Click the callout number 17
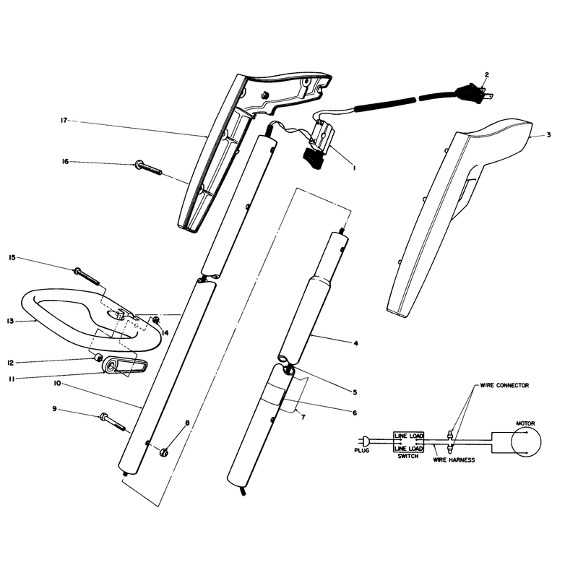tap(64, 120)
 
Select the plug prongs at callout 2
tap(487, 97)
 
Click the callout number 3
tap(548, 135)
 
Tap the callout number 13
tap(10, 321)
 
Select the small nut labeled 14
tap(155, 320)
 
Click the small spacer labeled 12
tap(99, 357)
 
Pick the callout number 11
tap(12, 379)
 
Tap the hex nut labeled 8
tap(164, 451)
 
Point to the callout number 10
tap(57, 384)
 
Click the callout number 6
tap(355, 413)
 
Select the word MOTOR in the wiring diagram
tap(525, 423)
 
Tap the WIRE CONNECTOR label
tap(504, 385)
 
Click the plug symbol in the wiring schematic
tap(364, 441)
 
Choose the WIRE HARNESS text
tap(454, 460)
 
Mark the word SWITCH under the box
tap(408, 456)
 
